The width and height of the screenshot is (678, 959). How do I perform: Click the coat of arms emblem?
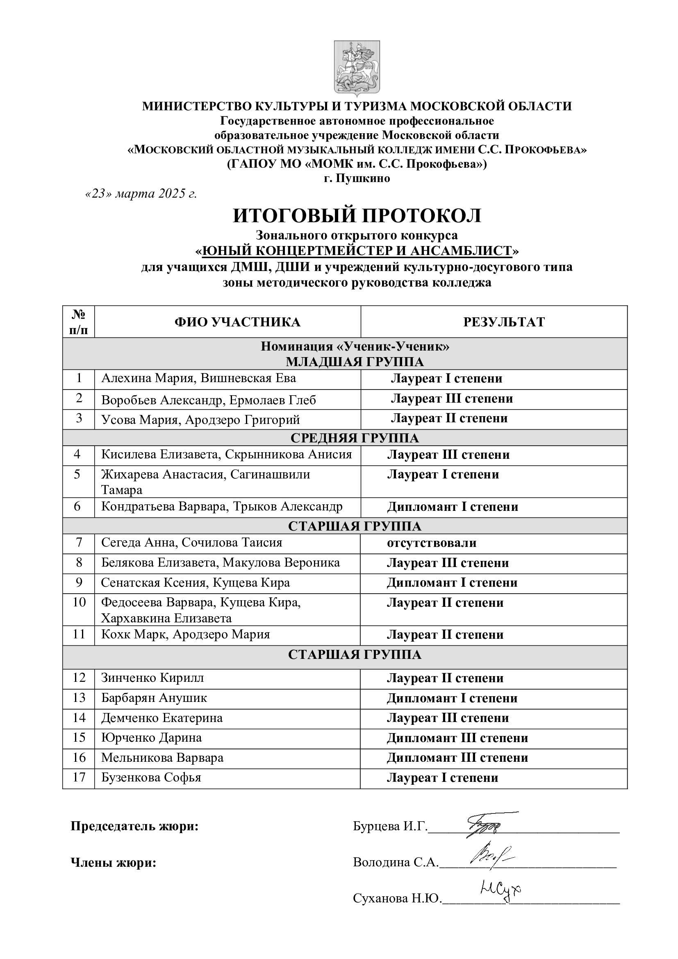pyautogui.click(x=357, y=69)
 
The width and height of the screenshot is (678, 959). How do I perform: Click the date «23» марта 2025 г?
pyautogui.click(x=141, y=194)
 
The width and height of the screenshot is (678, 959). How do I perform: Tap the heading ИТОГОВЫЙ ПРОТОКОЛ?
pyautogui.click(x=357, y=216)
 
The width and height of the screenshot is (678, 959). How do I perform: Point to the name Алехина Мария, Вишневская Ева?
pyautogui.click(x=199, y=378)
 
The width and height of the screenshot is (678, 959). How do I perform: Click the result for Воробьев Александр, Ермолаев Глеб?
pyautogui.click(x=452, y=399)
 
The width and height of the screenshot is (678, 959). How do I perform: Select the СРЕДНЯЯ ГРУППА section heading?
pyautogui.click(x=355, y=438)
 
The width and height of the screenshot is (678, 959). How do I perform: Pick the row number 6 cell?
pyautogui.click(x=77, y=507)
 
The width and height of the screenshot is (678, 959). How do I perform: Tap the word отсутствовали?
pyautogui.click(x=432, y=543)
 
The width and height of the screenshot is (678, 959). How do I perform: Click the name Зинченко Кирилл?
pyautogui.click(x=152, y=678)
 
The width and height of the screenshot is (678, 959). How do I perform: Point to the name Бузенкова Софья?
pyautogui.click(x=151, y=777)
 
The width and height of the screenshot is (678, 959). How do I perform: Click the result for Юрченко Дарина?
pyautogui.click(x=457, y=738)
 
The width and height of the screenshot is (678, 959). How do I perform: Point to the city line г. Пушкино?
pyautogui.click(x=357, y=178)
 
